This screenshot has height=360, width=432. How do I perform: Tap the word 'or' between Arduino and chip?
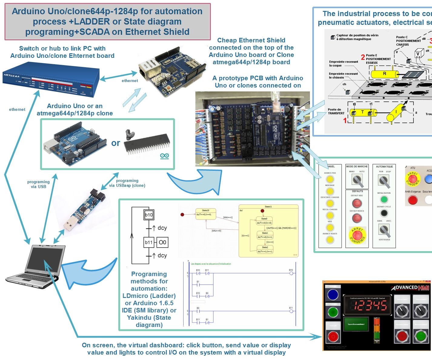pyautogui.click(x=116, y=143)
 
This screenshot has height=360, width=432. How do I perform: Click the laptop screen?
pyautogui.click(x=45, y=261)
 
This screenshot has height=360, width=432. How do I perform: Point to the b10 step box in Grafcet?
pyautogui.click(x=149, y=215)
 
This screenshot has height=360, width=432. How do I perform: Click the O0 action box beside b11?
pyautogui.click(x=163, y=242)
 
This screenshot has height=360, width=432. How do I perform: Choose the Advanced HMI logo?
pyautogui.click(x=410, y=288)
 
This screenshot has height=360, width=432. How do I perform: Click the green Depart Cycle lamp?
pyautogui.click(x=384, y=199)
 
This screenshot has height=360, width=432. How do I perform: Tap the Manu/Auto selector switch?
pyautogui.click(x=357, y=180)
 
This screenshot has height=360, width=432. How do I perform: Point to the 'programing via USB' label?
pyautogui.click(x=38, y=184)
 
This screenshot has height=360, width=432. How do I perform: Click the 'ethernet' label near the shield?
pyautogui.click(x=130, y=81)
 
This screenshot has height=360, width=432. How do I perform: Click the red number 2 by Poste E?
pyautogui.click(x=363, y=57)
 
